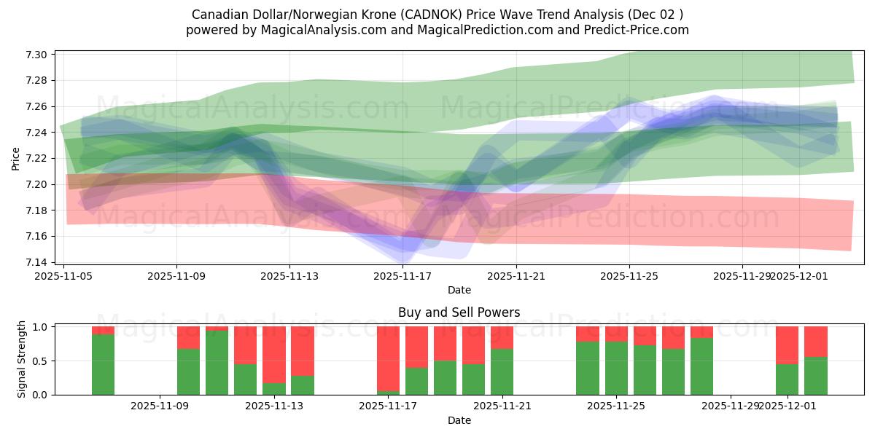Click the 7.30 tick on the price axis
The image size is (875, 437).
[x=38, y=55]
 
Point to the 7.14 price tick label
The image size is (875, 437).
[x=38, y=262]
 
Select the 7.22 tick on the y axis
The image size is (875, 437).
[x=38, y=159]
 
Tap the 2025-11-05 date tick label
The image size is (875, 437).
[x=64, y=276]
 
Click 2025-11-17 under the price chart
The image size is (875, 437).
[x=403, y=276]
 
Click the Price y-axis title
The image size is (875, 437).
[x=15, y=158]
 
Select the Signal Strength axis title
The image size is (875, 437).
[x=22, y=359]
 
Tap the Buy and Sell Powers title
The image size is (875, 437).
[x=459, y=312]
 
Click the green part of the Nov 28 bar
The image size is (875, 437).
[x=701, y=366]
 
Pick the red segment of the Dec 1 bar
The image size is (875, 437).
[x=787, y=345]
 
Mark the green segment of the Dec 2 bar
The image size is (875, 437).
[x=815, y=376]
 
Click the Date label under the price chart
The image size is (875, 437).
[x=459, y=290]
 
